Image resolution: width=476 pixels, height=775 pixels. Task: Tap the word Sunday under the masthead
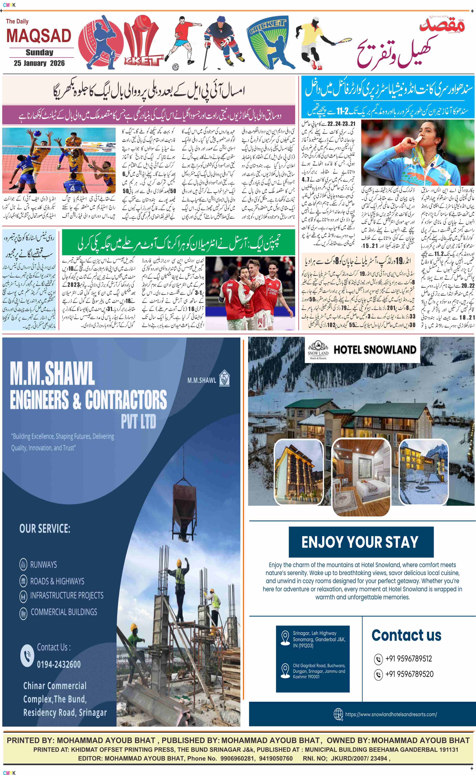pyautogui.click(x=39, y=52)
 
